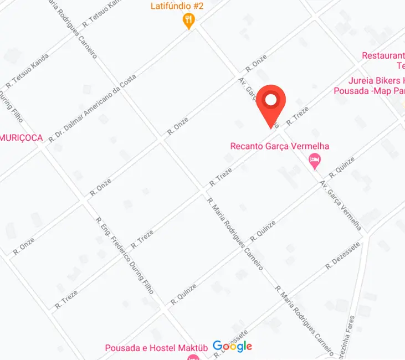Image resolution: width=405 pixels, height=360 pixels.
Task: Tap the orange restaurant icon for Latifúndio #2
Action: [x=189, y=21]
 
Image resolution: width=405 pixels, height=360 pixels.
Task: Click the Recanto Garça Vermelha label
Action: [x=280, y=146]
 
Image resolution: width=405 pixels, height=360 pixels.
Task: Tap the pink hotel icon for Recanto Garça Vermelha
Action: [x=314, y=161]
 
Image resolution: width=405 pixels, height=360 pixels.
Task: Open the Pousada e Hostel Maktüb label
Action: [x=156, y=348]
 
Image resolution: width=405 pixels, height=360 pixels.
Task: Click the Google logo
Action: [x=233, y=347]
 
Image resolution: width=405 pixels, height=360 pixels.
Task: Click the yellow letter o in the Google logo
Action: [x=235, y=347]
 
